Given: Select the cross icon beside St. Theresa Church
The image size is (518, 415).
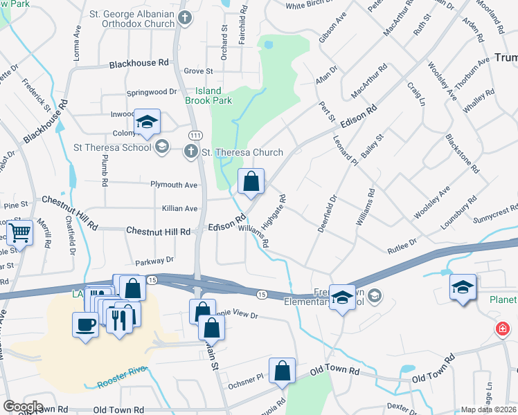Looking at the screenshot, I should tap(191, 151).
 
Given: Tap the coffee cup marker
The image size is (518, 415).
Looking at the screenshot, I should tap(86, 324).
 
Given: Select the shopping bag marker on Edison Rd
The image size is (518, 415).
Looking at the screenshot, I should tap(251, 182).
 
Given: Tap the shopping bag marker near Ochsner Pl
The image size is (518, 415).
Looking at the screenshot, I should tap(283, 371).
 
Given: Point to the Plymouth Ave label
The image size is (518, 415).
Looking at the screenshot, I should tap(174, 185).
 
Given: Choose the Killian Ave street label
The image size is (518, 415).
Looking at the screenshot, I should tap(179, 208).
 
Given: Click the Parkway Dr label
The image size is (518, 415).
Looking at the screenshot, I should tap(154, 261).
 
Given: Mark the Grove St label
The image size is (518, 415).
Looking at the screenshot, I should tap(198, 71).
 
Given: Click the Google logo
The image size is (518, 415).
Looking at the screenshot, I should tap(23, 407).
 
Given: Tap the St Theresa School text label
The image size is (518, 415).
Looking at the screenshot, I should tap(112, 147).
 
